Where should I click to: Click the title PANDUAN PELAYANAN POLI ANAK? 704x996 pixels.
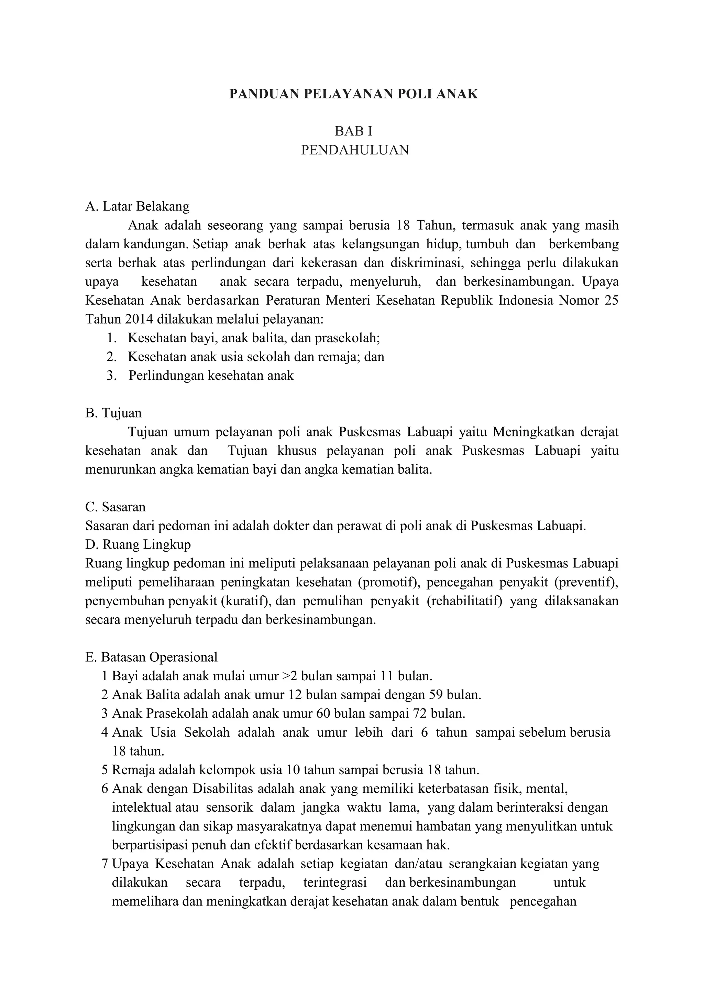(353, 94)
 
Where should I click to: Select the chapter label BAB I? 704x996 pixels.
(353, 131)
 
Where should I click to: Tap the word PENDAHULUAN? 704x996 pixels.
(355, 150)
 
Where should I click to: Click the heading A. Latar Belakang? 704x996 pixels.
(137, 206)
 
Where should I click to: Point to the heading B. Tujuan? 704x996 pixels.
(113, 413)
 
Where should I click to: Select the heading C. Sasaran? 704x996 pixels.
(115, 507)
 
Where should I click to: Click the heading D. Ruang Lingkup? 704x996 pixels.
(138, 544)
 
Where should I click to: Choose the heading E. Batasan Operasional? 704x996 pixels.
(151, 657)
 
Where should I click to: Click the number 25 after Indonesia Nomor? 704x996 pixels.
(611, 301)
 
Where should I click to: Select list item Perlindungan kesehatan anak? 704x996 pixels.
(211, 375)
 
